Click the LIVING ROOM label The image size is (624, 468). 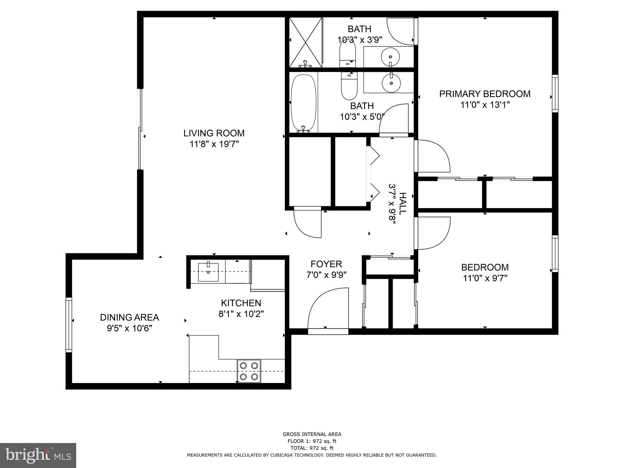pos(214,133)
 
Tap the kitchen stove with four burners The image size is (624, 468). pos(249,371)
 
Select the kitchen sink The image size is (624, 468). pos(208,272)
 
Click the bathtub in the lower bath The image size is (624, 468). pos(303,103)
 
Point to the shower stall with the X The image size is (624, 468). pos(305,42)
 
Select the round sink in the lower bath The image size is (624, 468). pos(391,83)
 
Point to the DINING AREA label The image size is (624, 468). pos(129,317)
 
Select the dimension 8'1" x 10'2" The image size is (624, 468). pos(241,314)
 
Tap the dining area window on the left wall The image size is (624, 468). pos(69,325)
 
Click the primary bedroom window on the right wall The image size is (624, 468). pos(555,94)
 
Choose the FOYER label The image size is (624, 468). pos(326,264)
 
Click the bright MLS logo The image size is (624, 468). pos(38,455)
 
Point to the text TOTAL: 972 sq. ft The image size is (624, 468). pos(312,448)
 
